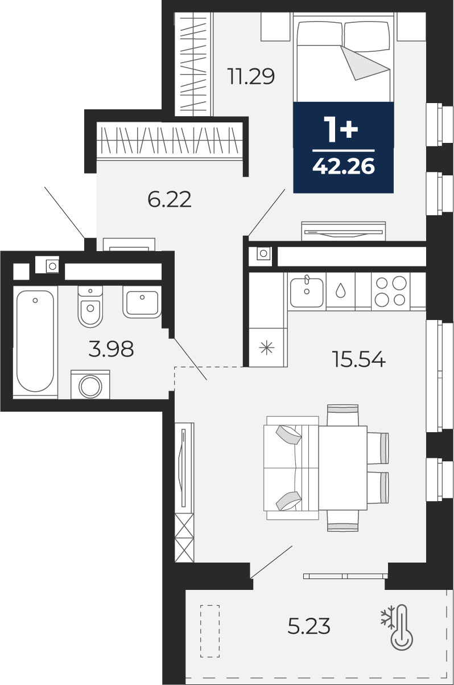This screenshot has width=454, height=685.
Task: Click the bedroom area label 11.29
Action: [251, 76]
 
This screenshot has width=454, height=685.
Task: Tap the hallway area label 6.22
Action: [170, 199]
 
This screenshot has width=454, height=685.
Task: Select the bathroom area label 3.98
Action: [111, 349]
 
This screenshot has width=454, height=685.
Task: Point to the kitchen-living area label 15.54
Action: [359, 359]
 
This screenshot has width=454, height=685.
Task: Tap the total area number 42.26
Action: [344, 167]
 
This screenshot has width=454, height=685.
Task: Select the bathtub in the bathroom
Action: [35, 341]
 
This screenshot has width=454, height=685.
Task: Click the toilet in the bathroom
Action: [90, 306]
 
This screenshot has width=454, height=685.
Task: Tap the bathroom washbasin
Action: [142, 302]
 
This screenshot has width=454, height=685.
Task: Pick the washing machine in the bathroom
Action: [90, 384]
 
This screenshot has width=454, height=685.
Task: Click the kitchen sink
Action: [307, 292]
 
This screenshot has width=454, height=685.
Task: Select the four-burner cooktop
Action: [391, 291]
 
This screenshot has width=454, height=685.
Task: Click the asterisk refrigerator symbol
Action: [266, 348]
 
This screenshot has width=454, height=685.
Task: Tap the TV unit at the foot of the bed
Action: [343, 231]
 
